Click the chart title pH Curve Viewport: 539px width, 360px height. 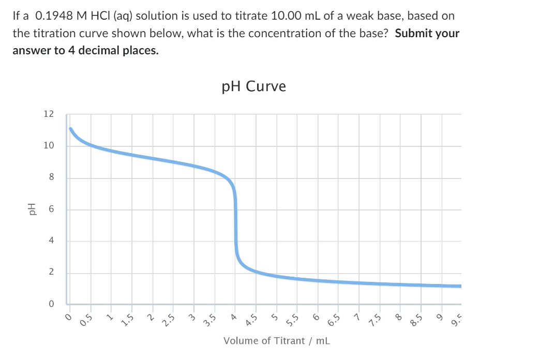253,86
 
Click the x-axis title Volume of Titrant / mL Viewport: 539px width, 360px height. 276,340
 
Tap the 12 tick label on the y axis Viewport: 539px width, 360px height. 48,114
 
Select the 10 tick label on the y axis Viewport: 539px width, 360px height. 48,146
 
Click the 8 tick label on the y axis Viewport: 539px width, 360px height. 51,178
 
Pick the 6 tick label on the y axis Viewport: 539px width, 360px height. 51,209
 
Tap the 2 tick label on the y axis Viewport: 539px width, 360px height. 51,273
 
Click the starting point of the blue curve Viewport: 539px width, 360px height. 70,128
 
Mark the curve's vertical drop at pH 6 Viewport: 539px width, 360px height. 236,209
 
